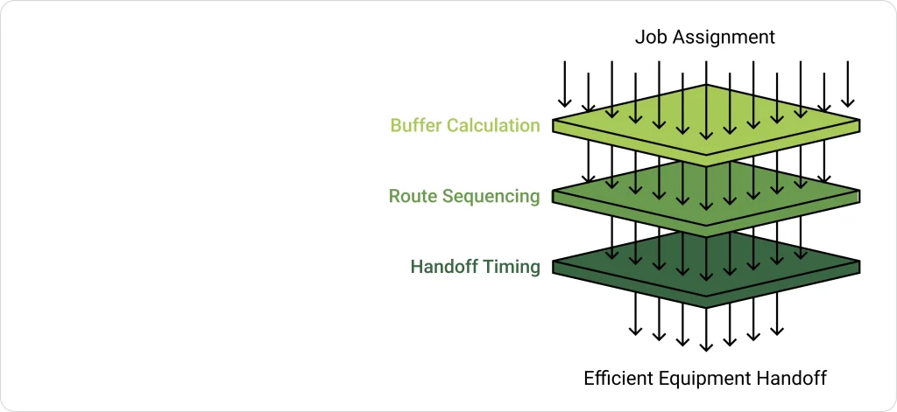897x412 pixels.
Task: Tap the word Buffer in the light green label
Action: point(416,125)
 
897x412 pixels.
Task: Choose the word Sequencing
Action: point(491,196)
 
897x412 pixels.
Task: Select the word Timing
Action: point(512,267)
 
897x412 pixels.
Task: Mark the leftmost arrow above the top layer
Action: point(566,83)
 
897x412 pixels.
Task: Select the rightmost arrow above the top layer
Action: point(847,83)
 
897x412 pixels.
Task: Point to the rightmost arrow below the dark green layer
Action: point(776,318)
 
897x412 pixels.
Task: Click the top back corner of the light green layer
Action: point(706,86)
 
